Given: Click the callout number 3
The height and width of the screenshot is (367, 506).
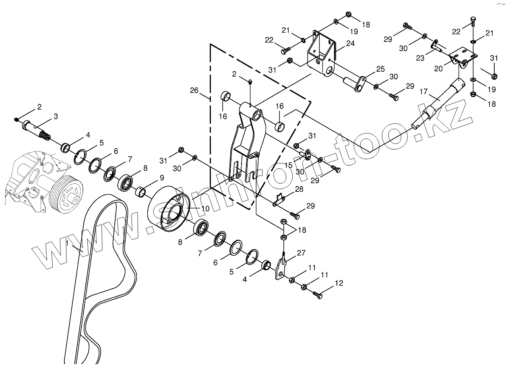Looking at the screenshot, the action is [x=56, y=116].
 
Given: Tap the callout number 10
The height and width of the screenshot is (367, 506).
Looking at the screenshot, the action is [x=205, y=208].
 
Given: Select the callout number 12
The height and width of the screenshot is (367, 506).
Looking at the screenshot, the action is [x=339, y=283].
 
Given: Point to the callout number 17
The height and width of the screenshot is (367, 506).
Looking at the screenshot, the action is [x=423, y=91].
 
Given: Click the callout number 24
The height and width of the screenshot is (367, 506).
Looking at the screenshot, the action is [x=350, y=43].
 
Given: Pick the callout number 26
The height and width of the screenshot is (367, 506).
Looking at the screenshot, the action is [x=194, y=90].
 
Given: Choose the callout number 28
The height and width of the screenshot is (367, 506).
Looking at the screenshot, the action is [x=299, y=189].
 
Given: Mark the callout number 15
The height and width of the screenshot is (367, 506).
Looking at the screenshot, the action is [x=289, y=165].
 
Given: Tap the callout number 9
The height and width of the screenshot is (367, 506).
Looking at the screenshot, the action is [x=162, y=178].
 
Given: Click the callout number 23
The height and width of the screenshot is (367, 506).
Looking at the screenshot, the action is [x=420, y=58].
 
